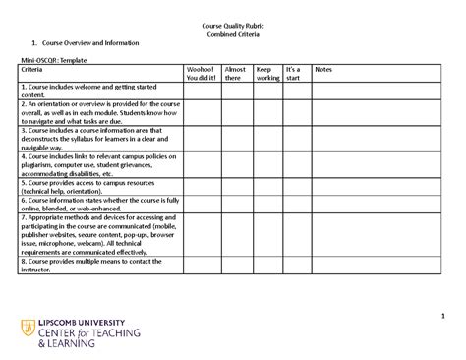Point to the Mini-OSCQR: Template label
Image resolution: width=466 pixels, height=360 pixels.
(x=55, y=61)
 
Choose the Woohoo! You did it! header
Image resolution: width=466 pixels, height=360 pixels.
(x=201, y=75)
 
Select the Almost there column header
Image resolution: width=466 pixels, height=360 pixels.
(x=235, y=75)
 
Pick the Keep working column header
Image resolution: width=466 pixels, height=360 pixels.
(x=266, y=75)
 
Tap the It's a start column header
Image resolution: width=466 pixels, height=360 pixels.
(x=292, y=75)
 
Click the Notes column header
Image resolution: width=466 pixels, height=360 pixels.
(x=323, y=71)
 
